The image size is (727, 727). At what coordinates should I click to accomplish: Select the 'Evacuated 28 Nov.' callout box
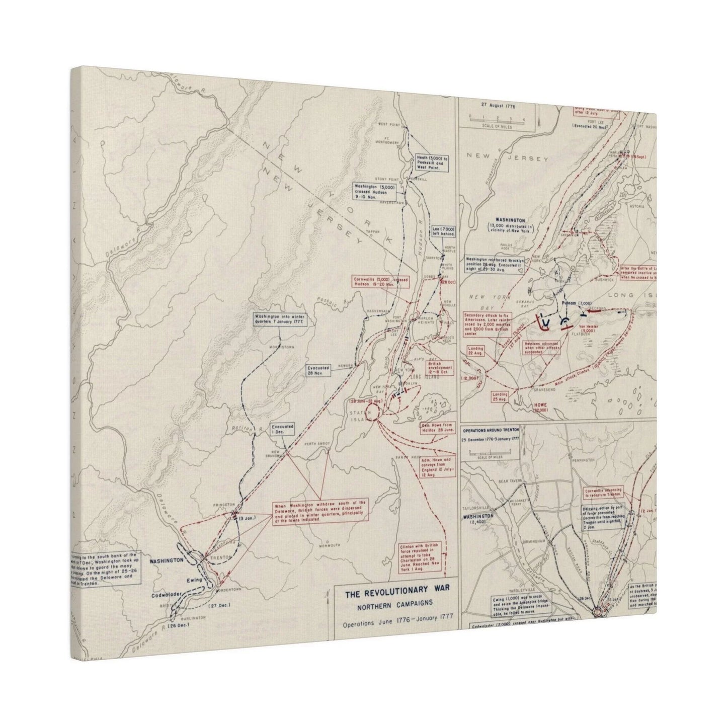[319, 370]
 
